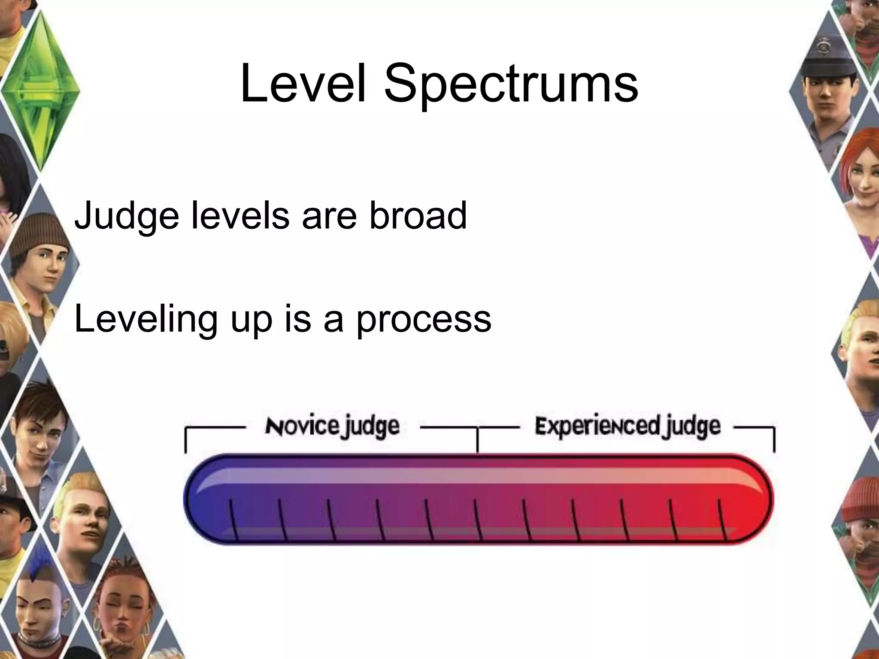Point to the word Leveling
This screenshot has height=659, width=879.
(146, 320)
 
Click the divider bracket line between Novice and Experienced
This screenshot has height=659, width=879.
(477, 440)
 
